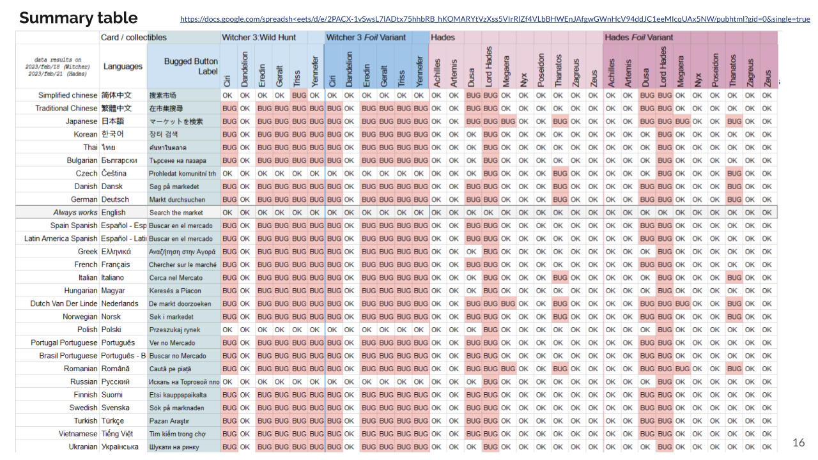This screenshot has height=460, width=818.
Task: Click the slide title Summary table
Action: click(78, 18)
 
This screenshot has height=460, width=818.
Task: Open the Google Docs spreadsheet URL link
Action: click(495, 19)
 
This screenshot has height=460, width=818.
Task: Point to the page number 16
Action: click(798, 442)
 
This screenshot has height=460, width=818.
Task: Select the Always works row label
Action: click(75, 212)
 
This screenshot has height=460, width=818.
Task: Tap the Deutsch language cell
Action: click(115, 199)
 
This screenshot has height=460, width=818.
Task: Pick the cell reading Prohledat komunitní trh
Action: click(182, 174)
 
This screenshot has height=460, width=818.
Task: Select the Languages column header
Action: click(123, 66)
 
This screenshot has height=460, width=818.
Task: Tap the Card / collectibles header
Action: click(134, 38)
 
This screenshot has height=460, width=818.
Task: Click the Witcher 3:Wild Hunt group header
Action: click(259, 38)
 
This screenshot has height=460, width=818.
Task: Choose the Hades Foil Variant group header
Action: click(639, 38)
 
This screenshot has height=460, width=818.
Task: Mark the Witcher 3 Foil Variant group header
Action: click(366, 38)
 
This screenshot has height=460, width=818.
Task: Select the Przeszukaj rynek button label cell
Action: click(174, 330)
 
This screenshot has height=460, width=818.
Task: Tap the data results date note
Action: click(57, 67)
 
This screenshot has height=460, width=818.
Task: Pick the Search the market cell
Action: click(176, 213)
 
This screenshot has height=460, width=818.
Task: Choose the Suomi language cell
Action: click(112, 395)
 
